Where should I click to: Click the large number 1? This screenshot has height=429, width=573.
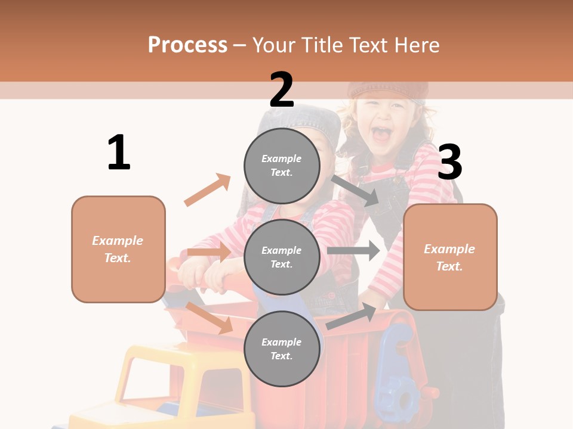(119, 153)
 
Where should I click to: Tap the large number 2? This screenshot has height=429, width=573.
(282, 90)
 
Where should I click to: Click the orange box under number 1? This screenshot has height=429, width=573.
(118, 249)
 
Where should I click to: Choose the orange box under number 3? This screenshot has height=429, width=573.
(450, 257)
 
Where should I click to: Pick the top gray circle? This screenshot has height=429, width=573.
(282, 166)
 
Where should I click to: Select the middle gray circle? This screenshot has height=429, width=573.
(282, 257)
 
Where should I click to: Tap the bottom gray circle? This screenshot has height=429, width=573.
(282, 349)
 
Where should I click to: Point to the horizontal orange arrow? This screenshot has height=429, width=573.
(210, 252)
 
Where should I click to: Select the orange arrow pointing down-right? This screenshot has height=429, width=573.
(210, 318)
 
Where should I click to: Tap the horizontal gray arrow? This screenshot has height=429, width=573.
(353, 251)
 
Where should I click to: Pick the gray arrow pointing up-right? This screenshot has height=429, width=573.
(352, 316)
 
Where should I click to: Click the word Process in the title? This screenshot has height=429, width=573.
(187, 45)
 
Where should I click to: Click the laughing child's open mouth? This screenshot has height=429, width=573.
(383, 133)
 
